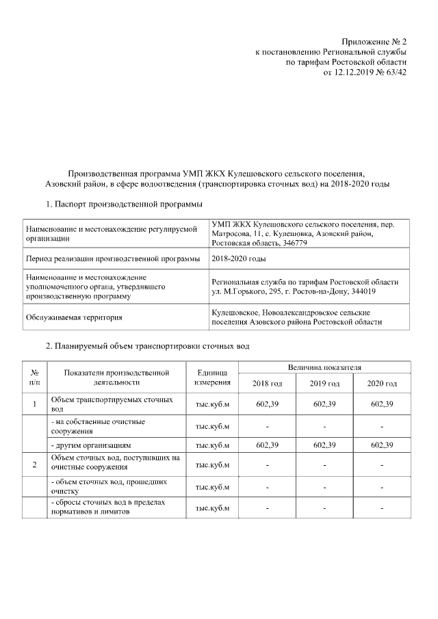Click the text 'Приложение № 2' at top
click(372, 39)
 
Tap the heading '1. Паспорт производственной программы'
click(123, 203)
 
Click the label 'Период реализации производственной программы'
click(112, 259)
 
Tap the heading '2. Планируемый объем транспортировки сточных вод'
click(147, 346)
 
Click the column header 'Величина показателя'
click(324, 368)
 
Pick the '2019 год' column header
click(324, 383)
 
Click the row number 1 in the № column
click(34, 404)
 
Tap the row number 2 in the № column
click(34, 466)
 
